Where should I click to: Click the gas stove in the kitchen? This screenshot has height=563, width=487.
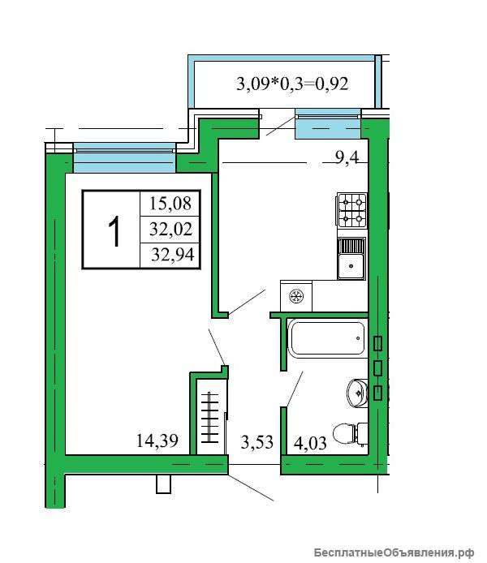(x=351, y=210)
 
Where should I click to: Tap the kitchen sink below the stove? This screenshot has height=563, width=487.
(x=351, y=259)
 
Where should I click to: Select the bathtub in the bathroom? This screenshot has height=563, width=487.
(x=326, y=338)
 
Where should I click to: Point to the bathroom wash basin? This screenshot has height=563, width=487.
(x=357, y=392)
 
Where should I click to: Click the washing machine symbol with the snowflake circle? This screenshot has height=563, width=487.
(x=296, y=296)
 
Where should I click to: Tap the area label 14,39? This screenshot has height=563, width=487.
(x=157, y=441)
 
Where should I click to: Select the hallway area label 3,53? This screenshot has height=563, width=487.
(x=256, y=442)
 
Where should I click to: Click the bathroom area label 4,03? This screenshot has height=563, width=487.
(x=310, y=443)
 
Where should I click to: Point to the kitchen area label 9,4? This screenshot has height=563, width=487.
(x=347, y=157)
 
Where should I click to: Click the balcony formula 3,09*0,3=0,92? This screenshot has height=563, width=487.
(x=292, y=84)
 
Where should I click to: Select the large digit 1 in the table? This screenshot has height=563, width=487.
(x=114, y=231)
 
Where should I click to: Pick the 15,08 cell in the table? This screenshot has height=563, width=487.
(x=170, y=204)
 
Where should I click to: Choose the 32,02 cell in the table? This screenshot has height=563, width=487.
(x=170, y=230)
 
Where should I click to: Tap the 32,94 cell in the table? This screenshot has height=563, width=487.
(x=170, y=256)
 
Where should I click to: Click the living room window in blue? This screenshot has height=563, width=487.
(x=125, y=158)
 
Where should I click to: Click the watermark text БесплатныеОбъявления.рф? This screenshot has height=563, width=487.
(x=394, y=552)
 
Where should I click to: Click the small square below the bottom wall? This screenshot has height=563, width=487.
(x=164, y=485)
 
